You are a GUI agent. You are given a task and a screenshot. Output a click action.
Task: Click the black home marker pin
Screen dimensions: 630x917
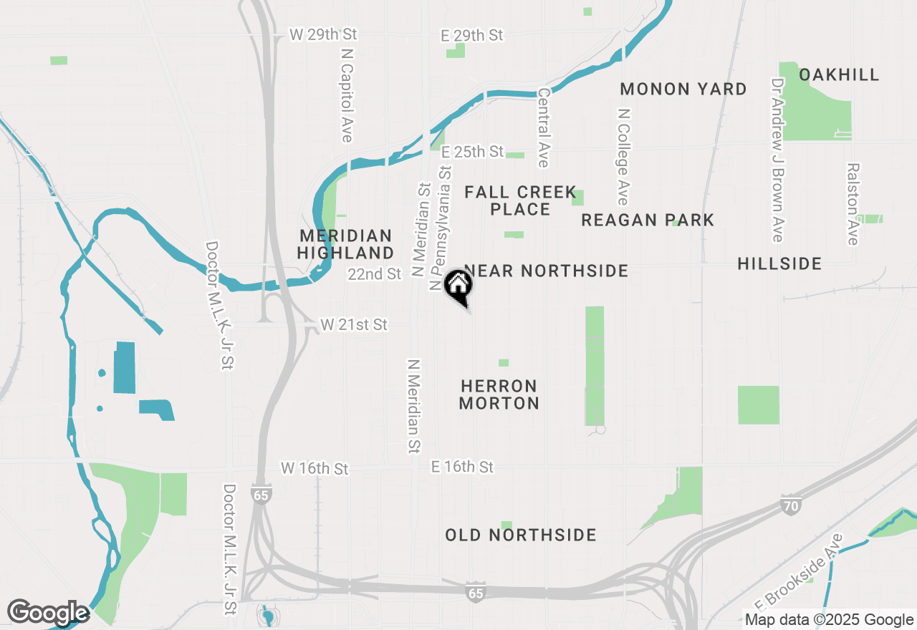click(x=458, y=286)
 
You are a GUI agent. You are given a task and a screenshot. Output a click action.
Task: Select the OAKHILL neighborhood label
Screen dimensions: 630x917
click(x=839, y=75)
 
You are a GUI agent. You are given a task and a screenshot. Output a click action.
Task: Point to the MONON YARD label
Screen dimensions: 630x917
click(x=683, y=89)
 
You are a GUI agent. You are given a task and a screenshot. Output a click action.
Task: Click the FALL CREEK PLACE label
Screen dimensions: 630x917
click(x=520, y=200)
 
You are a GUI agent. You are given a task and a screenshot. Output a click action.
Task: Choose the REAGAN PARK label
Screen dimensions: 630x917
click(x=648, y=220)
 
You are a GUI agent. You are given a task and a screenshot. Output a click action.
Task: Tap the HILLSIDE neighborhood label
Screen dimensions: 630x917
click(x=779, y=264)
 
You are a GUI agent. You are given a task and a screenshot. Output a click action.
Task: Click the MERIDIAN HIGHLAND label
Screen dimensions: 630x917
click(x=347, y=244)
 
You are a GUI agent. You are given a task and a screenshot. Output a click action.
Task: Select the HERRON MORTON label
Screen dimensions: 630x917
click(x=499, y=394)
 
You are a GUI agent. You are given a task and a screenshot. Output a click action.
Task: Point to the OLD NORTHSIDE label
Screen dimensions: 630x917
click(x=521, y=535)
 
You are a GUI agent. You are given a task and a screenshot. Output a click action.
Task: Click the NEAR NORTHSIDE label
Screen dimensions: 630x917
click(x=547, y=271)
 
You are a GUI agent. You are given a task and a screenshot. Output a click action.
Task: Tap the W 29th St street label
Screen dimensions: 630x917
click(x=323, y=34)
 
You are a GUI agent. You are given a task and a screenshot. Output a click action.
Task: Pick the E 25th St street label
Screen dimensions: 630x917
click(x=472, y=152)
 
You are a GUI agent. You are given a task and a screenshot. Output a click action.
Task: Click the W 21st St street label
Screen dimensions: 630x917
click(x=354, y=325)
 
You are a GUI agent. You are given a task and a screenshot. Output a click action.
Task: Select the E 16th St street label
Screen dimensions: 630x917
click(x=462, y=467)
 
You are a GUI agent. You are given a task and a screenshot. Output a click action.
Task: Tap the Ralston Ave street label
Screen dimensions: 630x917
click(x=853, y=204)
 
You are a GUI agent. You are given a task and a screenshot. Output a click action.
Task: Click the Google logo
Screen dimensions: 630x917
click(x=48, y=613)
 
